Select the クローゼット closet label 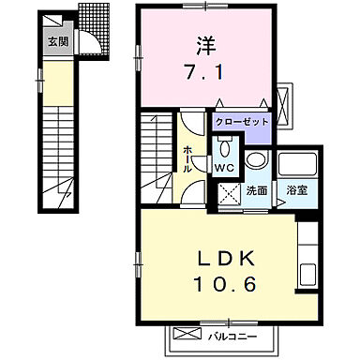click(241, 122)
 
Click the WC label click(226, 168)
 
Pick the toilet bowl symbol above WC click(226, 148)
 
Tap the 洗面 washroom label click(257, 190)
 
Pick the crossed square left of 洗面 click(228, 192)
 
